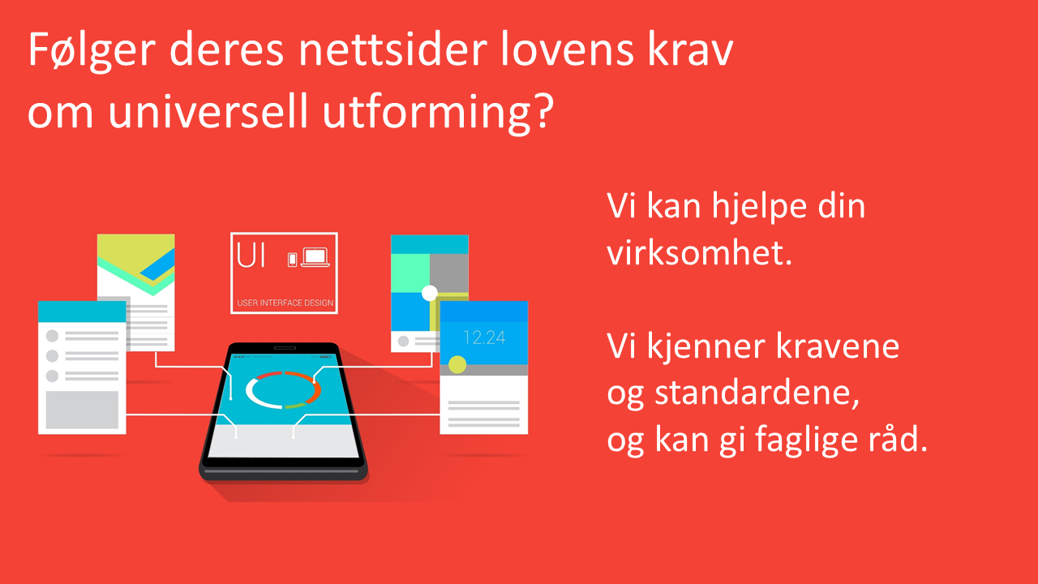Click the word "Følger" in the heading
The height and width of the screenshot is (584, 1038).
coord(92,50)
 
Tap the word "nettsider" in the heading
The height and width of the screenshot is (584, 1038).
coord(393,49)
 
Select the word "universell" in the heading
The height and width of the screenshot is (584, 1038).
coord(208,111)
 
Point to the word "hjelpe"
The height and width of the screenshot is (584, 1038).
coord(758,207)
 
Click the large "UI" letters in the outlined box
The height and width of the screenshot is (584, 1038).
coord(251,255)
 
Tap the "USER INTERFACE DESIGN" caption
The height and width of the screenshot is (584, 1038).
coord(285,303)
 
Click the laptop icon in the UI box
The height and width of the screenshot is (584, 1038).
coord(315,257)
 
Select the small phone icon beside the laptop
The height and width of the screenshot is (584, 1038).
coord(292,260)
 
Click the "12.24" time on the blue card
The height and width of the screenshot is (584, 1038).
coord(484,337)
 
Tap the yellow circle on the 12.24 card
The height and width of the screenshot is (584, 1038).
coord(457,365)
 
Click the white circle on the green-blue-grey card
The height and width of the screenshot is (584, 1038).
coord(430,293)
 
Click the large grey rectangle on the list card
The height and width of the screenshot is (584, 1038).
coord(82,410)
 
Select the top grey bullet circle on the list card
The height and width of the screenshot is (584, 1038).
coord(53,336)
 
